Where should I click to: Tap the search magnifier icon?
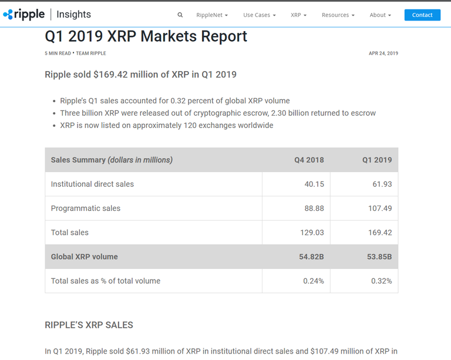[180, 15]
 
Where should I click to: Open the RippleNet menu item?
[212, 15]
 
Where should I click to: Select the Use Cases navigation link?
[260, 15]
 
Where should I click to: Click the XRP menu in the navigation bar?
[299, 15]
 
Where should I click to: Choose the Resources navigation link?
[338, 15]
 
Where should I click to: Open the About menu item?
[380, 15]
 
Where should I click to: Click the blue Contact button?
[422, 15]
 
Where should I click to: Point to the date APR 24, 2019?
[383, 53]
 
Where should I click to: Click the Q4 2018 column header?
[309, 160]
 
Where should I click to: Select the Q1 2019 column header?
[377, 160]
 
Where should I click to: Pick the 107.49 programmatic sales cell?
[379, 208]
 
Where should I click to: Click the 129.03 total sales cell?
[312, 233]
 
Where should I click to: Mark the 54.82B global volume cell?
[311, 257]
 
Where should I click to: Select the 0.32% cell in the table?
[381, 281]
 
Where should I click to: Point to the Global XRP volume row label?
[84, 257]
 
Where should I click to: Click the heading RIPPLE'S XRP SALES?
[89, 325]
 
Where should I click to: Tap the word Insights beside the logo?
[74, 14]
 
